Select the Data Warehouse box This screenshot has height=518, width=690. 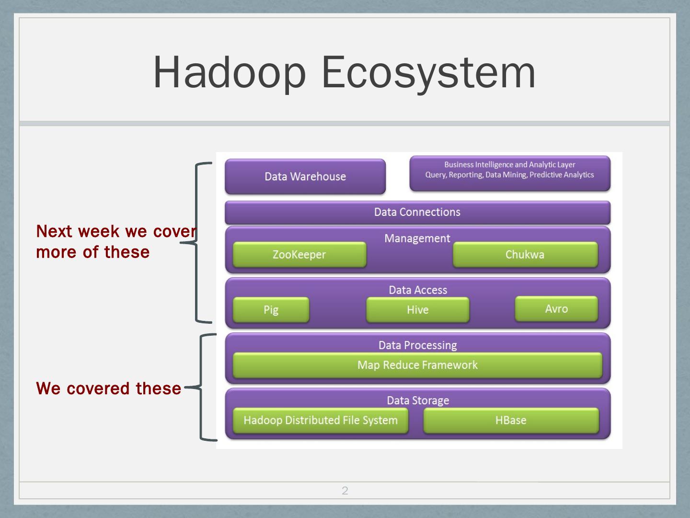pyautogui.click(x=305, y=177)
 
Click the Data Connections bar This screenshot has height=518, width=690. pyautogui.click(x=417, y=212)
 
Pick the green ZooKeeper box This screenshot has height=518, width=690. pyautogui.click(x=299, y=255)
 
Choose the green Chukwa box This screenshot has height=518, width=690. pyautogui.click(x=525, y=255)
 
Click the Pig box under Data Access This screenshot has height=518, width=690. pyautogui.click(x=271, y=310)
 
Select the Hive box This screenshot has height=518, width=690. pyautogui.click(x=417, y=310)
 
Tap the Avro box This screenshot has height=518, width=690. pyautogui.click(x=556, y=308)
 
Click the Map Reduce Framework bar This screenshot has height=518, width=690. pyautogui.click(x=417, y=365)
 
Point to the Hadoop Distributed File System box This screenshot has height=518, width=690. pyautogui.click(x=320, y=420)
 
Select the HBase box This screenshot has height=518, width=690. pyautogui.click(x=510, y=420)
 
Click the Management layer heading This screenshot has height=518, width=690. pyautogui.click(x=417, y=238)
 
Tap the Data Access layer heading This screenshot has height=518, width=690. pyautogui.click(x=417, y=290)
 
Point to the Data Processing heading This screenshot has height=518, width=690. pyautogui.click(x=417, y=345)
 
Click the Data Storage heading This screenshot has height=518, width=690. pyautogui.click(x=417, y=400)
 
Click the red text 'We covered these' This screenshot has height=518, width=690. pyautogui.click(x=108, y=388)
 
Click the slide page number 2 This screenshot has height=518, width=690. pyautogui.click(x=345, y=490)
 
